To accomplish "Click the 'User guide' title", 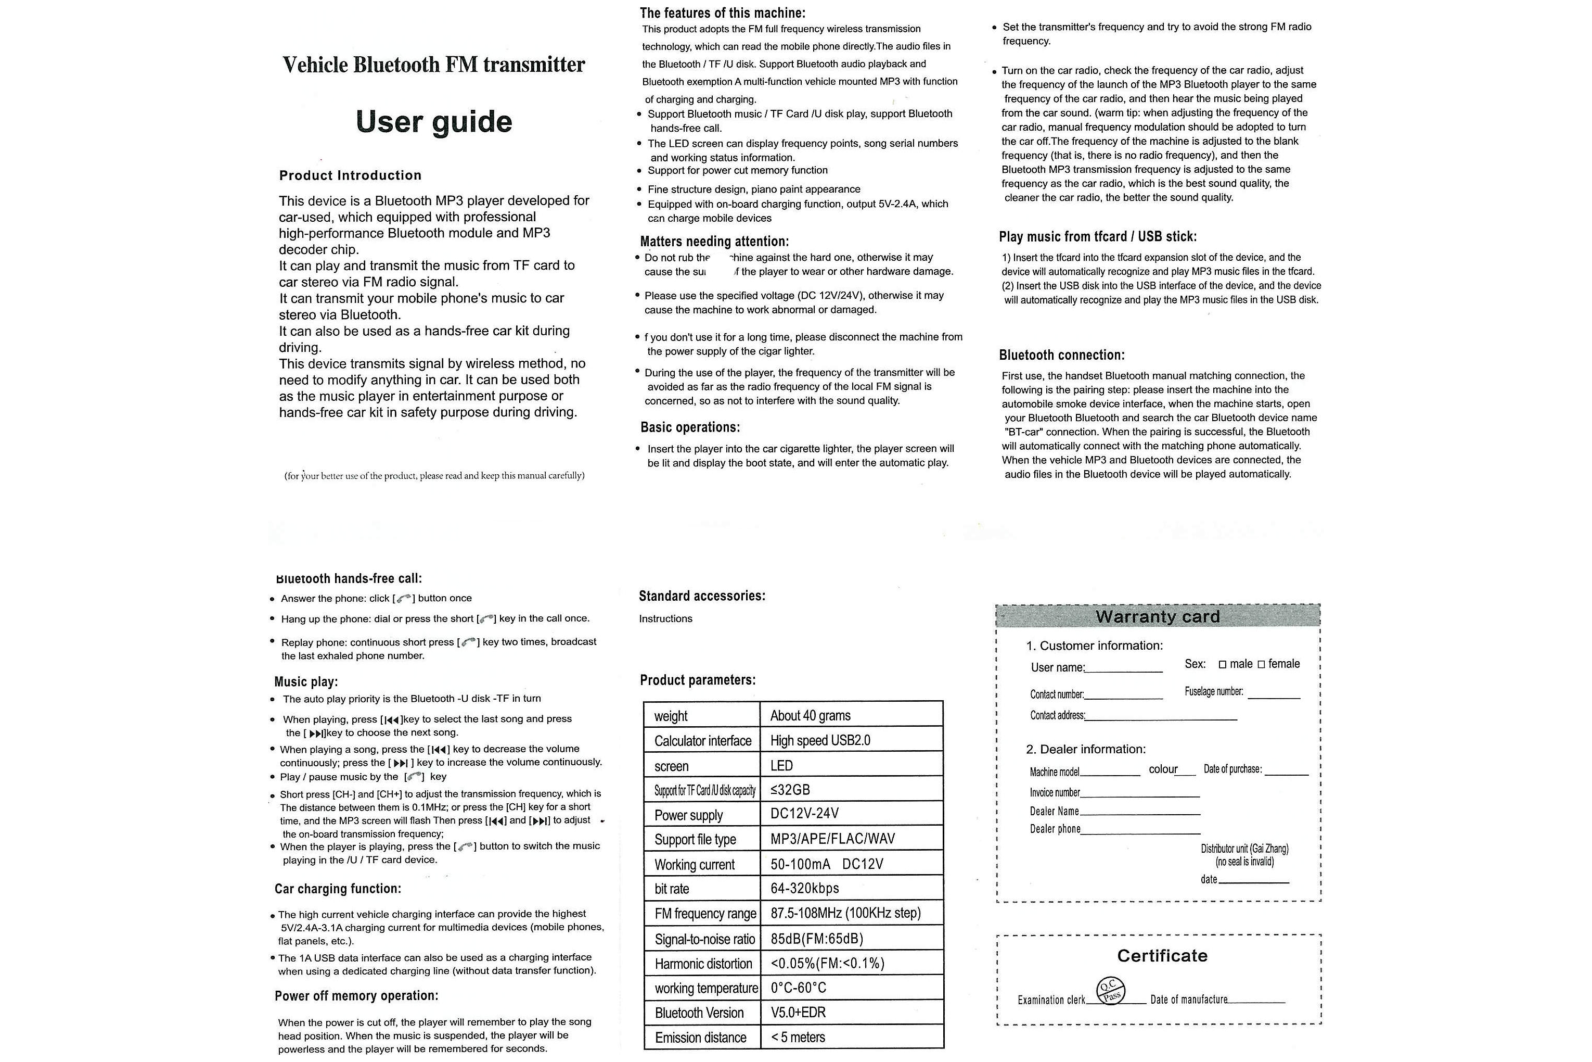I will (433, 122).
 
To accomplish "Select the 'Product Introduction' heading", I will (350, 175).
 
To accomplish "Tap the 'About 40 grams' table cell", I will (810, 715).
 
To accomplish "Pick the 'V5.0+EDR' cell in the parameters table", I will (798, 1013).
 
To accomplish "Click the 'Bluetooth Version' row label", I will (699, 1013).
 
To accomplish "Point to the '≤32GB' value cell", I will (790, 790).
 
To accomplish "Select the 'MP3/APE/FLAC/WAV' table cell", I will (832, 839).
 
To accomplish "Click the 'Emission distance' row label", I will (700, 1038).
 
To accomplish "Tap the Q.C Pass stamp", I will (1110, 991).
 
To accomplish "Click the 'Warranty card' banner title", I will (1158, 616).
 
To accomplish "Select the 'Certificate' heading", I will (1162, 956).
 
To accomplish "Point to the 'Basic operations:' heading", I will (690, 427).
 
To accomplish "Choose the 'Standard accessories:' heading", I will (702, 596).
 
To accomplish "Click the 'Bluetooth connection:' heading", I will (1061, 355).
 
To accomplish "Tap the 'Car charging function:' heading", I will (338, 889).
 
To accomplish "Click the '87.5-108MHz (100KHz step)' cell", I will (845, 913).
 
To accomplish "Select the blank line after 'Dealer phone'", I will (1140, 830).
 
